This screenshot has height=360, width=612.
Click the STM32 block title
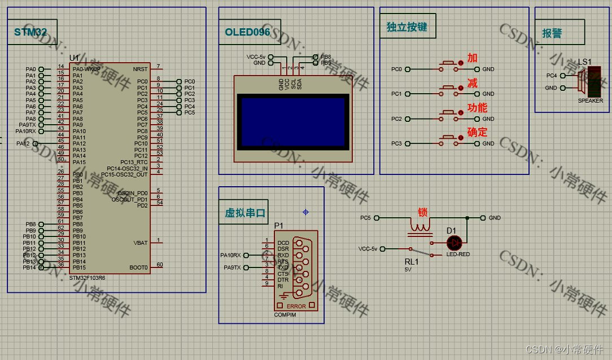pos(30,32)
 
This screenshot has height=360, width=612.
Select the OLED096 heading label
pos(247,32)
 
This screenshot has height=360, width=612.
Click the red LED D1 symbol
pos(453,243)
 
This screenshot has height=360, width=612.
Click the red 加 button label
pos(473,58)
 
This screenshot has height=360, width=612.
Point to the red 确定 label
pos(477,133)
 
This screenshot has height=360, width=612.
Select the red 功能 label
pos(477,108)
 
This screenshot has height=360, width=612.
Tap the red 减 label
pos(473,84)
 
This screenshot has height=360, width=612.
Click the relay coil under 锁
pos(421,227)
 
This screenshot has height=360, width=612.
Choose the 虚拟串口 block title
pos(245,213)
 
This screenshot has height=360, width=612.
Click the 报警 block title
pos(552,33)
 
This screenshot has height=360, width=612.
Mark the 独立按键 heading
pos(406,27)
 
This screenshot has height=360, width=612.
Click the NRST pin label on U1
pos(140,69)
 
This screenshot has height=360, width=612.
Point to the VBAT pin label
pos(140,243)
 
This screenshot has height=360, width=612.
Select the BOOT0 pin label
pos(138,267)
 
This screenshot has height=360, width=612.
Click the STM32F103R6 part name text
pos(87,278)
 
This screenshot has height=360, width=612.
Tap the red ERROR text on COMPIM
pos(296,306)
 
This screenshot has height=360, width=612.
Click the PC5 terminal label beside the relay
pos(365,218)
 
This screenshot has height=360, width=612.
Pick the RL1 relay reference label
pos(411,262)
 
